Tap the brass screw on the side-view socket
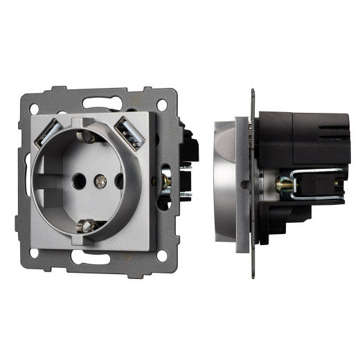[x=282, y=185]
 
